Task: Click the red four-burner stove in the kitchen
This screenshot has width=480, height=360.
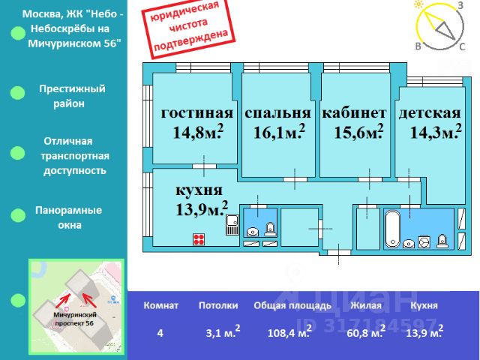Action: [199, 239]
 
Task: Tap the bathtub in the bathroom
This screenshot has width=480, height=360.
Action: [392, 229]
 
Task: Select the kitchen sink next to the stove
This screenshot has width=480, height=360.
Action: [232, 225]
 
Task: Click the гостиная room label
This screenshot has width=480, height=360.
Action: [197, 113]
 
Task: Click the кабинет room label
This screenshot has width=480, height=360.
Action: [354, 112]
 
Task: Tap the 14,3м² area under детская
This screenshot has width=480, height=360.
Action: [436, 132]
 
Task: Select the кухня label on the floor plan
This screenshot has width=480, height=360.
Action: [199, 190]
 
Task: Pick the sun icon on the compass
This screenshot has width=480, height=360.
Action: [418, 4]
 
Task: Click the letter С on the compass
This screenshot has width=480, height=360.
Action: [462, 46]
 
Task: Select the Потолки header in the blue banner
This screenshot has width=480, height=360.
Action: [218, 305]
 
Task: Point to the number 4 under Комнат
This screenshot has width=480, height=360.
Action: [160, 333]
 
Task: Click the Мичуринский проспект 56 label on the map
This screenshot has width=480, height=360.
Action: [75, 319]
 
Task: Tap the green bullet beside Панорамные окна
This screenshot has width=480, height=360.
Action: [18, 215]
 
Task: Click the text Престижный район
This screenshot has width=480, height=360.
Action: [72, 96]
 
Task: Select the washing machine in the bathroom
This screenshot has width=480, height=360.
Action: [424, 241]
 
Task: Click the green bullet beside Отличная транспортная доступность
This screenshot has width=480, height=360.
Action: [17, 153]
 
